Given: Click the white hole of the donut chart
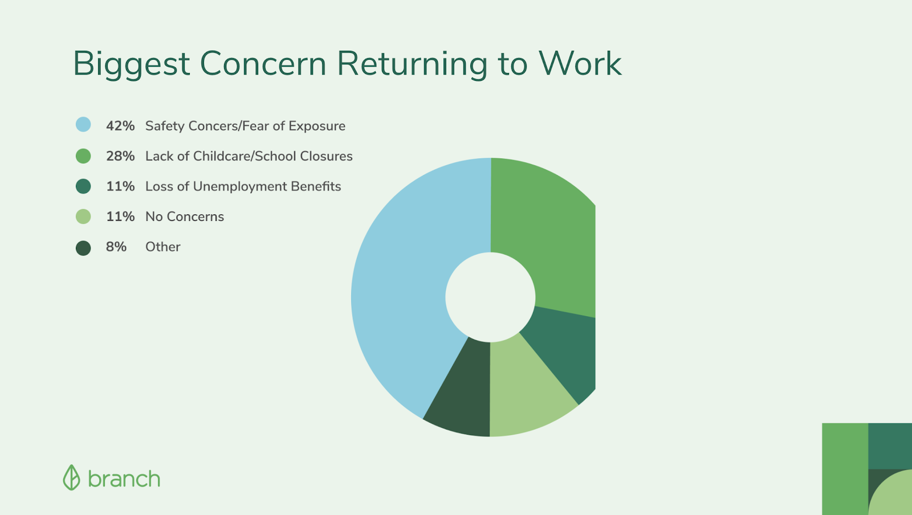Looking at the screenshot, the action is tap(490, 297).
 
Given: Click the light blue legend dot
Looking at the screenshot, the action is tap(83, 125).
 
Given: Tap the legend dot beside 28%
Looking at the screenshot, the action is tap(83, 156).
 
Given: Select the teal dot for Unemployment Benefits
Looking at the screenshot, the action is tap(83, 186).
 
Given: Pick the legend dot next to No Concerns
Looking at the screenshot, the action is tap(83, 216).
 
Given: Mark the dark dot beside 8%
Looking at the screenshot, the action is tap(83, 248).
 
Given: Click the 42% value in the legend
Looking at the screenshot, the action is tap(120, 126).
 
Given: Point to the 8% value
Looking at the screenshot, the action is tap(116, 247).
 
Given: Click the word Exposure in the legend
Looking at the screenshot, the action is tap(317, 126).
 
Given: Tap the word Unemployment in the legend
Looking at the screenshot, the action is tap(239, 187).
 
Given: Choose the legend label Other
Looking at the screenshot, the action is tap(163, 247).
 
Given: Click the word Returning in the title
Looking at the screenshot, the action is tap(412, 65).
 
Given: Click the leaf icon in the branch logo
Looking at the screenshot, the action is tap(71, 477).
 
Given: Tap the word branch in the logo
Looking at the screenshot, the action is tap(124, 479).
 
